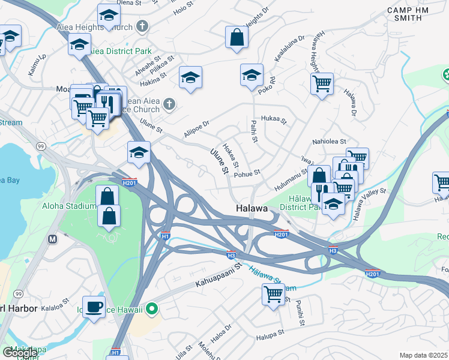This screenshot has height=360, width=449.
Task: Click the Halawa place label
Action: tap(251, 208)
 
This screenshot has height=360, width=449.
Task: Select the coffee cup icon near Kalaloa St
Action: tap(94, 307)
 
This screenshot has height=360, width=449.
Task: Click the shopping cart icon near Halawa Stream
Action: tap(273, 295)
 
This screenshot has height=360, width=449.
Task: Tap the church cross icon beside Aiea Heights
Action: tap(142, 26)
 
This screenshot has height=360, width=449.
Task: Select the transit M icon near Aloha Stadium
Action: tap(52, 239)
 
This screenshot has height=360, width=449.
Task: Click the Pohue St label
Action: tap(247, 173)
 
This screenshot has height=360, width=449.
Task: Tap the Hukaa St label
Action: tap(275, 119)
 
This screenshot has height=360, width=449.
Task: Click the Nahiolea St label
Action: tap(329, 142)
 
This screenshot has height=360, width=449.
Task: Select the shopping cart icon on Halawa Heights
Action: tap(322, 83)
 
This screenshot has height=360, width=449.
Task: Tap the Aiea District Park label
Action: tap(121, 52)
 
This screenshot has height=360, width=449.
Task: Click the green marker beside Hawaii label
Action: tap(152, 310)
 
